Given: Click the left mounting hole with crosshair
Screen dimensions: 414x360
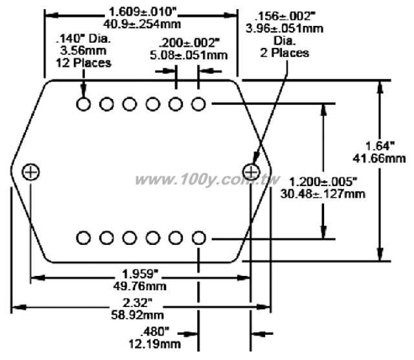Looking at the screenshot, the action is point(30,172).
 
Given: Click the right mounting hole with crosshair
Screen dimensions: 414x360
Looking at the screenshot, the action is point(251,172).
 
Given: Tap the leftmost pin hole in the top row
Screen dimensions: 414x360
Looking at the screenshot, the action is point(83,104).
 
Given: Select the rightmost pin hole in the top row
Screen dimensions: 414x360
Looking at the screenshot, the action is point(199,104).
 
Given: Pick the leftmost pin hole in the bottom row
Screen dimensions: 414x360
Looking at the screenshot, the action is point(83,238).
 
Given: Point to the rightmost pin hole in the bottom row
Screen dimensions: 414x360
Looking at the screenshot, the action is point(199,238).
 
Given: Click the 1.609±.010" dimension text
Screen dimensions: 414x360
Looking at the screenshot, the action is point(142,12).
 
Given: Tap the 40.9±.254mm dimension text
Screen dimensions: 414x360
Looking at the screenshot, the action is point(142,24).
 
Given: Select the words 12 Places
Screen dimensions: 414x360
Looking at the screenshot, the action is point(83,63).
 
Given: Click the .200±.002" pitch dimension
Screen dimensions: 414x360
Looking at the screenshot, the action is point(189,43).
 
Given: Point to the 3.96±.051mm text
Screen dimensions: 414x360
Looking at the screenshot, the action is point(285,28).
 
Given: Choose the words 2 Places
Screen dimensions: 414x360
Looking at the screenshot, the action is point(285,53).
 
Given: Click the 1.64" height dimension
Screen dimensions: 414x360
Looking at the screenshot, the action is point(380,146).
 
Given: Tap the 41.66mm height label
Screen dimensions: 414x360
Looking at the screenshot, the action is point(380,158).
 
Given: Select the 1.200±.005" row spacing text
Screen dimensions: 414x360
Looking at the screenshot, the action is point(323,182).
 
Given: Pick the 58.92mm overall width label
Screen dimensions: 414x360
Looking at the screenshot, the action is point(138,315).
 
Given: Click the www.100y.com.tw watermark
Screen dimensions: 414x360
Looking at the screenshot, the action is point(207,180).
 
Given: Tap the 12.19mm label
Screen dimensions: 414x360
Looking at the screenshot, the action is point(155,344).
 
